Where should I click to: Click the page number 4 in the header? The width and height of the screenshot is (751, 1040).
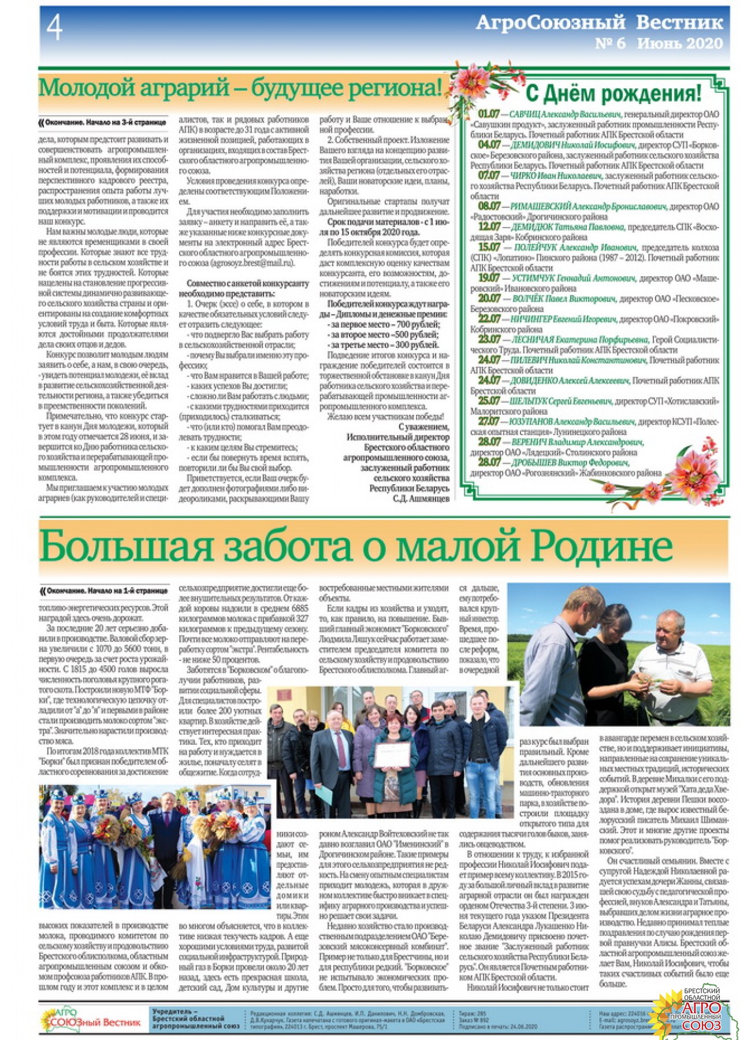[x=54, y=27]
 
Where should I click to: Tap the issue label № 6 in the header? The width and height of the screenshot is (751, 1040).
[x=610, y=44]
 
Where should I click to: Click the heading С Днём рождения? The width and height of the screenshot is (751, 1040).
[x=614, y=93]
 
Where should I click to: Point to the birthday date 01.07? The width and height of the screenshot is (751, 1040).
[x=488, y=114]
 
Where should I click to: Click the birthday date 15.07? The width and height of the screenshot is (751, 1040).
[x=489, y=247]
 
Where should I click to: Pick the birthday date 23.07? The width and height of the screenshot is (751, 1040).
[x=489, y=339]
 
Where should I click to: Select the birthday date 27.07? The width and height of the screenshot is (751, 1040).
[x=489, y=422]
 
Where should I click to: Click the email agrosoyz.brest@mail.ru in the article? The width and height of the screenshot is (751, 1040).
[x=252, y=263]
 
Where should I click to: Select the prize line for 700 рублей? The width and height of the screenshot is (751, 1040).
[x=385, y=324]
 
